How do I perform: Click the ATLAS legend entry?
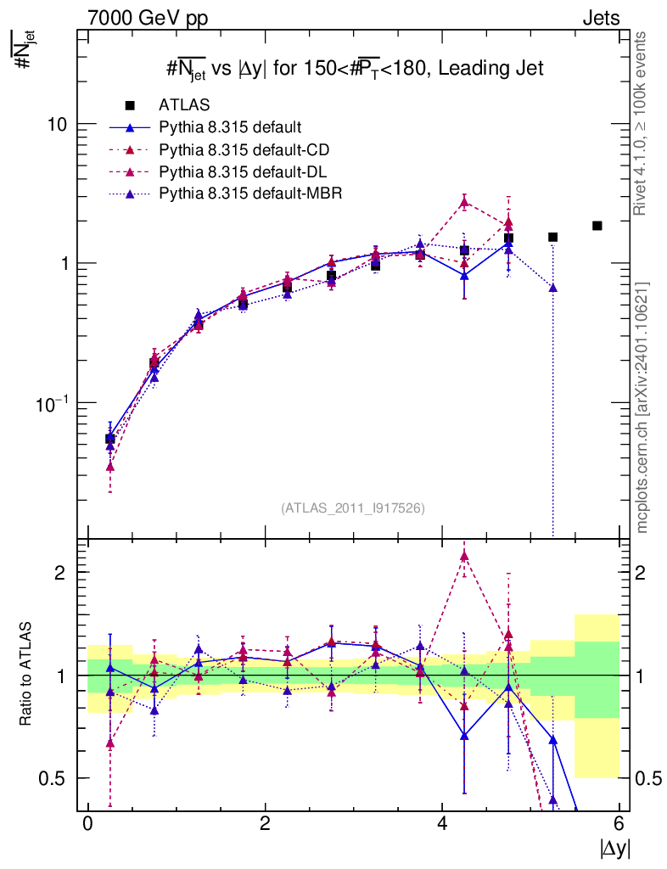coord(183,105)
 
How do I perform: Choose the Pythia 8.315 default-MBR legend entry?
coord(249,193)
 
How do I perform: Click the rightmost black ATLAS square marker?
coord(597,225)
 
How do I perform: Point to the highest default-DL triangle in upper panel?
coord(464,201)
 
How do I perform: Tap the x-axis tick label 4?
coord(442,823)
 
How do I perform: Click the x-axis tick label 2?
coord(265,823)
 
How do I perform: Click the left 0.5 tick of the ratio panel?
coord(59,778)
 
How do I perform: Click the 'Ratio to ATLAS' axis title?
coord(27,676)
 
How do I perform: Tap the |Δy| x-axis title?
coord(614,848)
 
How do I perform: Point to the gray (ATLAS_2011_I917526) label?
coord(353,507)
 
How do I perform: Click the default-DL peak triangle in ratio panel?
coord(464,556)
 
